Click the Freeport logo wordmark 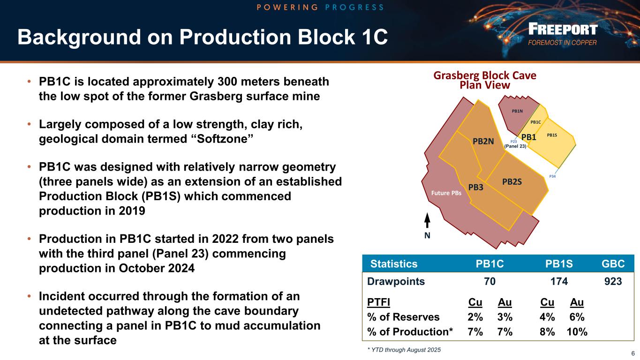pos(563,30)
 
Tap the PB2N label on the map pos(483,142)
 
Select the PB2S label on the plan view pos(512,182)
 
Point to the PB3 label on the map pos(476,187)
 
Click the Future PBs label pos(446,193)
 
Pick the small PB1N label pos(517,111)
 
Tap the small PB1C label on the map pos(536,122)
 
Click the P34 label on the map pos(552,177)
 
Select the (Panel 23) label pos(515,146)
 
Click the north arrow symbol pos(427,220)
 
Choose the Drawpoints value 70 pos(489,281)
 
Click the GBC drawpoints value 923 pos(613,281)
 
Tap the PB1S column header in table pos(559,264)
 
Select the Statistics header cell pos(394,264)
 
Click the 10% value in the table pos(577,332)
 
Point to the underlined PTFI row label pos(378,302)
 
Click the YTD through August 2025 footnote pos(404,350)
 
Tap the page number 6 pos(633,354)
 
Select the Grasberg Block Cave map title pos(485,80)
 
